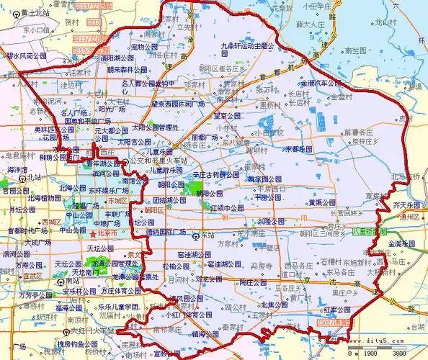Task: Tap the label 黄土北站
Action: (39, 13)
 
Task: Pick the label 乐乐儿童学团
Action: (122, 307)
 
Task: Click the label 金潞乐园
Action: (403, 245)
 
